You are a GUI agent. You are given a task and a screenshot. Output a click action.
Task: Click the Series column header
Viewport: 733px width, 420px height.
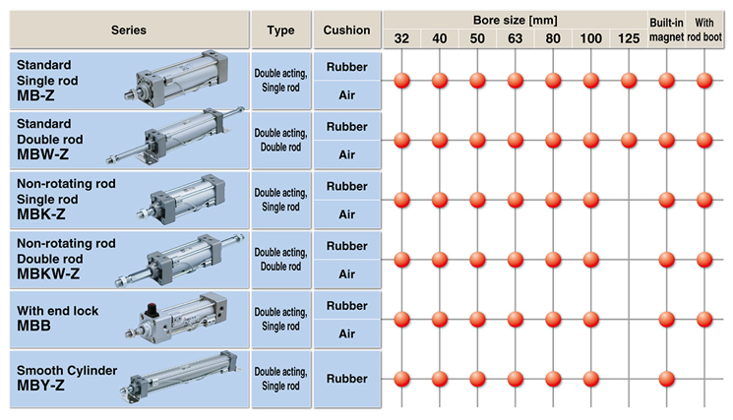click(129, 30)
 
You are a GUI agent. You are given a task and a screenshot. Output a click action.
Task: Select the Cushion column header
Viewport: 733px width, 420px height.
click(347, 30)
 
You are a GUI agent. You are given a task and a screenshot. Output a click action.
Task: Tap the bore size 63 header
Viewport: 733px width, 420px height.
click(516, 38)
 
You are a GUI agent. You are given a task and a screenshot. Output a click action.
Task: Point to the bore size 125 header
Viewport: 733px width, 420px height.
click(629, 38)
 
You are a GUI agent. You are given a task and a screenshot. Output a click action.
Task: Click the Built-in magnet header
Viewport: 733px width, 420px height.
click(667, 30)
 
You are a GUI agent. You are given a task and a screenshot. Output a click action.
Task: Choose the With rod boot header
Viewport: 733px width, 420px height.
click(704, 30)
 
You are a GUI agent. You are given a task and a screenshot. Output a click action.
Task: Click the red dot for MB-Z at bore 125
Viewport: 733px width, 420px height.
click(629, 81)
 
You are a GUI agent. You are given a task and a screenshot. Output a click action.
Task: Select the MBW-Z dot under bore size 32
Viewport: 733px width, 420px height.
click(401, 140)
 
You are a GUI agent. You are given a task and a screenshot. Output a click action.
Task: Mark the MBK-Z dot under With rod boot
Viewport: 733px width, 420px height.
click(704, 200)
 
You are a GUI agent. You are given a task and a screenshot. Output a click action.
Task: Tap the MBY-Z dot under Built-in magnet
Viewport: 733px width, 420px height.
click(667, 379)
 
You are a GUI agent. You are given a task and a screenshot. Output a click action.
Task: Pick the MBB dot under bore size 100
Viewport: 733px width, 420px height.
click(591, 320)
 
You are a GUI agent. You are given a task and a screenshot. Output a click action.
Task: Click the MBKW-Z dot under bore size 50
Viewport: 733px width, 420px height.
click(477, 260)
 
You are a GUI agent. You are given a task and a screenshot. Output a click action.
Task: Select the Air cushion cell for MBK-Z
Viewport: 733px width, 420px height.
click(347, 214)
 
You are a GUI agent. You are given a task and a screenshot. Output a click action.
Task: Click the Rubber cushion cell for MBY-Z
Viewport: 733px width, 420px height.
click(347, 379)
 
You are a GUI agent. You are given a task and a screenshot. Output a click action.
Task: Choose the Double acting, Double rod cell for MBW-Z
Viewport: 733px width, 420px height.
click(281, 140)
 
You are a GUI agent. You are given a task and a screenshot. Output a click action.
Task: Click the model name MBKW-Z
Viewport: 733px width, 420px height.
click(48, 273)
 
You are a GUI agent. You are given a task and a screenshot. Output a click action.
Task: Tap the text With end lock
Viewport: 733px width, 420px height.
click(57, 311)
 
